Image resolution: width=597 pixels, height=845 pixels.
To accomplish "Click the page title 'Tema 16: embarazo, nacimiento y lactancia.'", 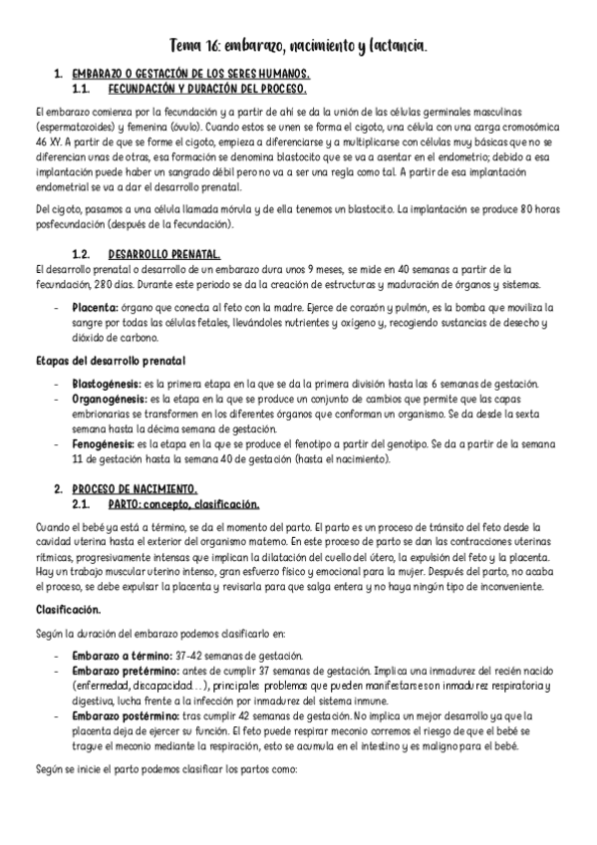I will point(298,46).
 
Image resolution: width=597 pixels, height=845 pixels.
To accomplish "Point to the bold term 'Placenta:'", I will point(97,308).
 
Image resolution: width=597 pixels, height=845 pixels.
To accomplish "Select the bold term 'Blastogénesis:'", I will point(108,385).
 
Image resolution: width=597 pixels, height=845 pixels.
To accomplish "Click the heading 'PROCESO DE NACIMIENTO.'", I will point(135,489).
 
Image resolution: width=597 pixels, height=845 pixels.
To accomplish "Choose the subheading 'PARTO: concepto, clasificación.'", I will point(183,504).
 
